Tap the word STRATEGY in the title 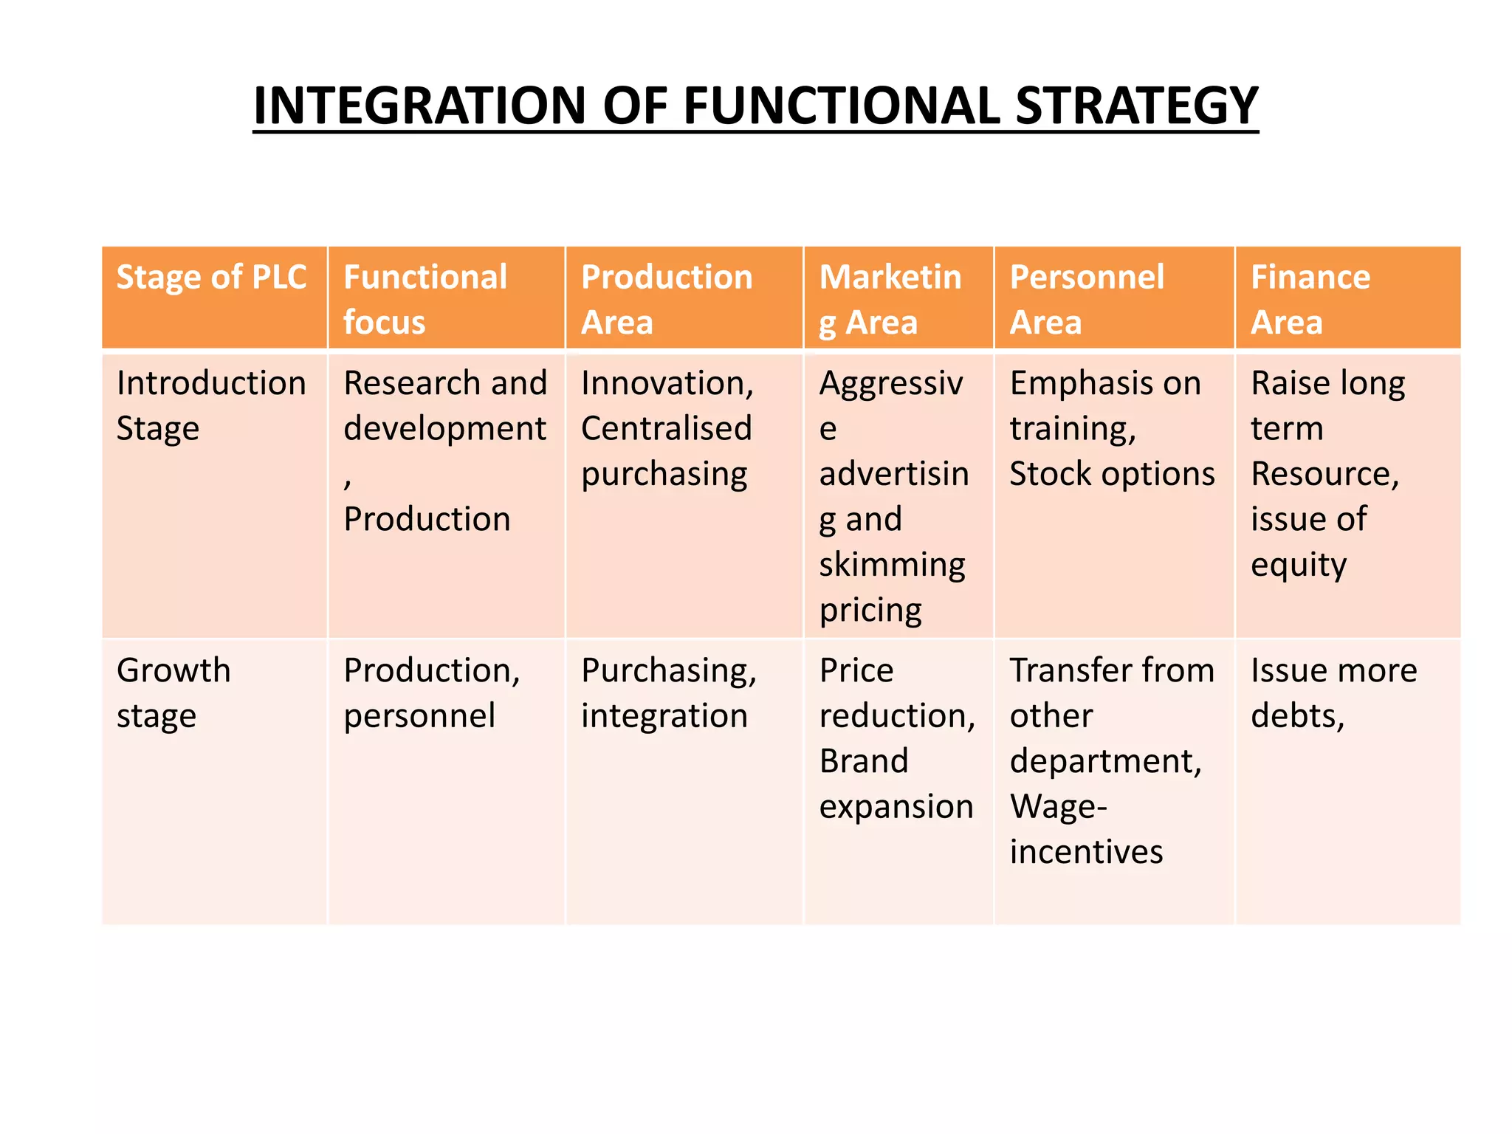pos(1136,106)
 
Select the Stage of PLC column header pos(211,278)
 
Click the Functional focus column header pos(425,299)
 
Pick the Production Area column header pos(666,299)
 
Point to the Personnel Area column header pos(1086,299)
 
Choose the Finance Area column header pos(1310,299)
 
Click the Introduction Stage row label pos(211,405)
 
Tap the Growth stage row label pos(173,693)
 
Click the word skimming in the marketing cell pos(892,565)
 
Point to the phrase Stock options pos(1111,474)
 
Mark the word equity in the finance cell pos(1298,565)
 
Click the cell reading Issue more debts pos(1333,693)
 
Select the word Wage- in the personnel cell pos(1058,806)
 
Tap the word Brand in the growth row pos(863,761)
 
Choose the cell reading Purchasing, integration pos(668,693)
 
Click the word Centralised pos(666,429)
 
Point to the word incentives pos(1086,852)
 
